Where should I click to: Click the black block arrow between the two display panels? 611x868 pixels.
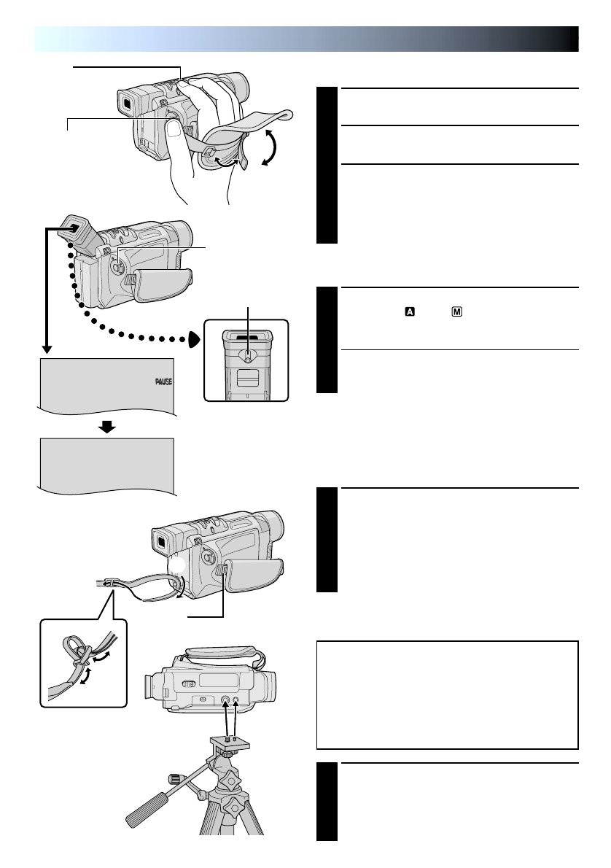[x=107, y=427]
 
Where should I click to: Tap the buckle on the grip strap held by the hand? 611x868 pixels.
[x=209, y=152]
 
